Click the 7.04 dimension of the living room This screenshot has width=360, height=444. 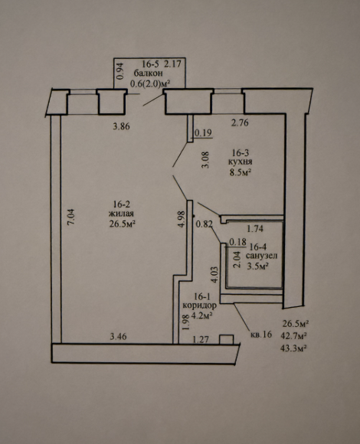pos(71,217)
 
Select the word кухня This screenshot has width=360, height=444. pos(241,162)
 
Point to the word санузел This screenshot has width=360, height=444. pos(261,256)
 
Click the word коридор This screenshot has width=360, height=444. pos(200,305)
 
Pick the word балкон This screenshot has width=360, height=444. pos(149,73)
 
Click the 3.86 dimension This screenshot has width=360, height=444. pos(121,126)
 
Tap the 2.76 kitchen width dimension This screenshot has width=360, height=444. pos(240,123)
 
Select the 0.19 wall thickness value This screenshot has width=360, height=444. pos(203,132)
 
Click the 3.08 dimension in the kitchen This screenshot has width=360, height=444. pos(205,160)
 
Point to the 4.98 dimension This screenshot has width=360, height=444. pos(182,219)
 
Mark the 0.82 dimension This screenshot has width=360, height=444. pos(205,224)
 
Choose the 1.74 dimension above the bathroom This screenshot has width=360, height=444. pos(255,229)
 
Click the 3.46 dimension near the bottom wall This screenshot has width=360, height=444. pos(118,337)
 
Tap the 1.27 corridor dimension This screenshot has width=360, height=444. pos(201,339)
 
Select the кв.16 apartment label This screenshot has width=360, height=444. pos(261,335)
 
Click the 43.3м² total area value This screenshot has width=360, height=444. pos(293,348)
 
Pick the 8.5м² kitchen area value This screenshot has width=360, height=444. pos(241,172)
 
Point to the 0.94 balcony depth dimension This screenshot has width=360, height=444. pos(120,71)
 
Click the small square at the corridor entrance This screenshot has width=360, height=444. pos(226,339)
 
